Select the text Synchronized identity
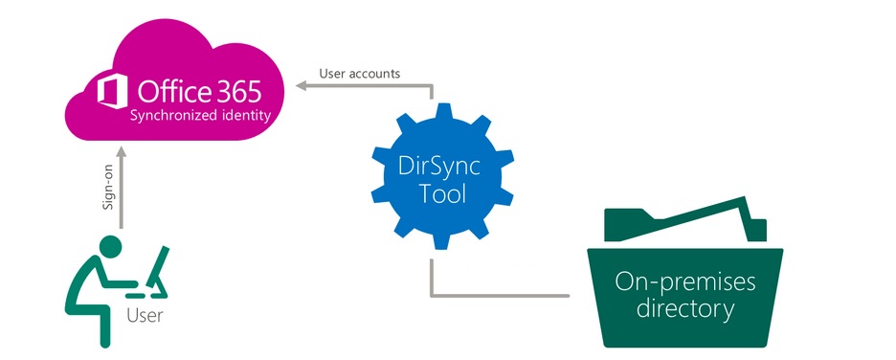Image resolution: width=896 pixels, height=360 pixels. (x=200, y=117)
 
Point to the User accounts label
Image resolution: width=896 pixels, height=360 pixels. (x=367, y=73)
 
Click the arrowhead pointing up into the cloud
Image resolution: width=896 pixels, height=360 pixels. (x=123, y=153)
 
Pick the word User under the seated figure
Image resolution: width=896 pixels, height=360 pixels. (x=146, y=314)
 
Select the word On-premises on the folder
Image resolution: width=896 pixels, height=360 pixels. (x=685, y=282)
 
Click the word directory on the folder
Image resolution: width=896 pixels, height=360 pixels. (x=685, y=308)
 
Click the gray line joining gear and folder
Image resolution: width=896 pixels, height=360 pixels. (x=498, y=295)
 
